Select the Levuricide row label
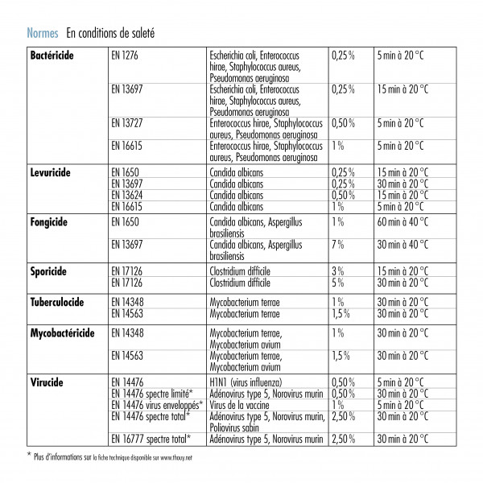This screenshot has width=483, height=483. coord(51,173)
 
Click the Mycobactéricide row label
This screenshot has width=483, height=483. coord(63,332)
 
